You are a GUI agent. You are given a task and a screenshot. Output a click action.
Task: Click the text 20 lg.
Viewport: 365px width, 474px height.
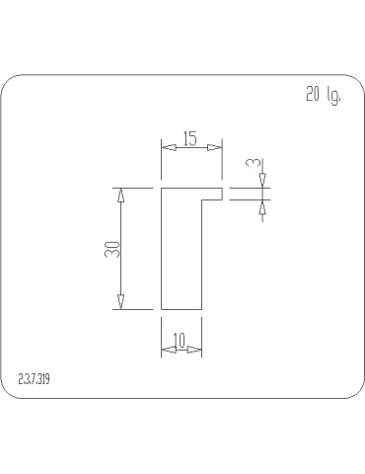(323, 97)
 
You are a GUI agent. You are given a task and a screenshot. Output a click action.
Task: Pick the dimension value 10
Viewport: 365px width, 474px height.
(180, 341)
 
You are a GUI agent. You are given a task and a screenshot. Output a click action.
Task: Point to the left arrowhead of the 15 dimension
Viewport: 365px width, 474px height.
(167, 147)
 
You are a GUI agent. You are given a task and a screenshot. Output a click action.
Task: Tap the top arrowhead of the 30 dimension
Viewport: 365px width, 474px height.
(121, 195)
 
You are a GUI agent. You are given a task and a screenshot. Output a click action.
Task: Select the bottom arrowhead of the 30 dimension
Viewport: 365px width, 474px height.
(121, 302)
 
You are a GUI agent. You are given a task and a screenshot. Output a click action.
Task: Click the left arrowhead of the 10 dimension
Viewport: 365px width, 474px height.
(167, 350)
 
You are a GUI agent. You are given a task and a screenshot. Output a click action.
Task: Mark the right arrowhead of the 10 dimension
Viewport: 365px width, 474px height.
(195, 350)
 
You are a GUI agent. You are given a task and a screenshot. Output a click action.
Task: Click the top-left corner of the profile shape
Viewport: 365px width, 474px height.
(161, 188)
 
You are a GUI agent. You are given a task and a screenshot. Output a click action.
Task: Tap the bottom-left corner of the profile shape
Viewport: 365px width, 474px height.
(161, 309)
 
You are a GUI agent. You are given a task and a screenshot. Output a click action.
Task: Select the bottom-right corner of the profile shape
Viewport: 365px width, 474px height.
(202, 309)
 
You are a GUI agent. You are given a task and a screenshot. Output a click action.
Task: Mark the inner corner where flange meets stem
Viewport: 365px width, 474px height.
(202, 198)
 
